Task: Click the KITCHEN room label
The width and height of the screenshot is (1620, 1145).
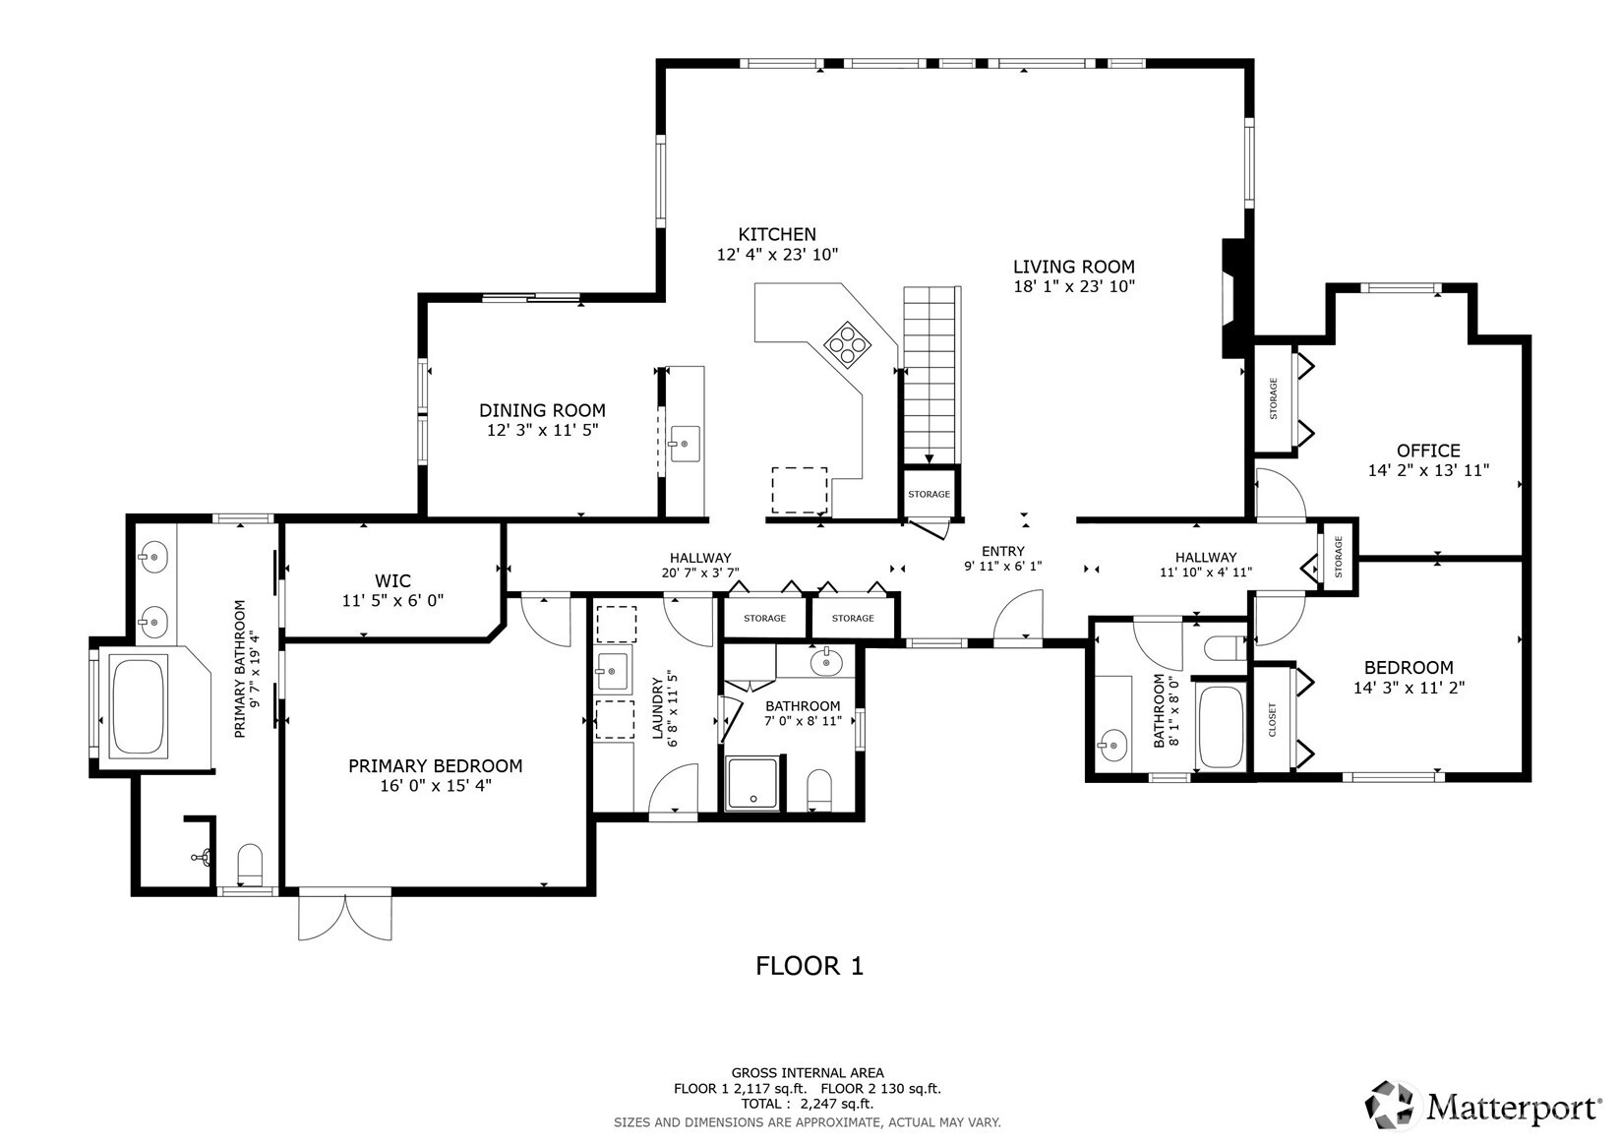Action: tap(777, 234)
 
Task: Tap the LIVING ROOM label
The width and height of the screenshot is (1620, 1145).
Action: tap(1073, 267)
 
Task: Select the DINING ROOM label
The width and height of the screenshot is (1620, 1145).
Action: tap(542, 411)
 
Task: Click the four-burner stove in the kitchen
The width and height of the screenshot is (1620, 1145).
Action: tap(848, 344)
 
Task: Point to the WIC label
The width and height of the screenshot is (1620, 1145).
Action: tap(392, 580)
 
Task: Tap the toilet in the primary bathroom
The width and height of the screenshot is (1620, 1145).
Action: tap(250, 864)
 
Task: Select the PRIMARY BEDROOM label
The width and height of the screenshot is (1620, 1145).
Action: tap(436, 766)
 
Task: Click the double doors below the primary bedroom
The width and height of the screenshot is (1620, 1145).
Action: tap(345, 917)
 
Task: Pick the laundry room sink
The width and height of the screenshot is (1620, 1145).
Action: tap(613, 671)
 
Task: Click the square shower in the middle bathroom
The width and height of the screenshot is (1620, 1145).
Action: tap(752, 783)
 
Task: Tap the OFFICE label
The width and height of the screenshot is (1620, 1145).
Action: tap(1428, 451)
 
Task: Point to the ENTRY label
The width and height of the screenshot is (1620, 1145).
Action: tap(1003, 551)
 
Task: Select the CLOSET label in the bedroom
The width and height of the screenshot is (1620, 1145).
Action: tap(1272, 720)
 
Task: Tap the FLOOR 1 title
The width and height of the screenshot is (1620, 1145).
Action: tap(810, 966)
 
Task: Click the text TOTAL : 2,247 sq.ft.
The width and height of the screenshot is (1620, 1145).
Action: tap(808, 1104)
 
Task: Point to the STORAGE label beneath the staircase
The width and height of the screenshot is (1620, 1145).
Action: tap(929, 494)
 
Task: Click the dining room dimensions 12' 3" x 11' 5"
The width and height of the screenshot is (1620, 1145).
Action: tap(542, 431)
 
